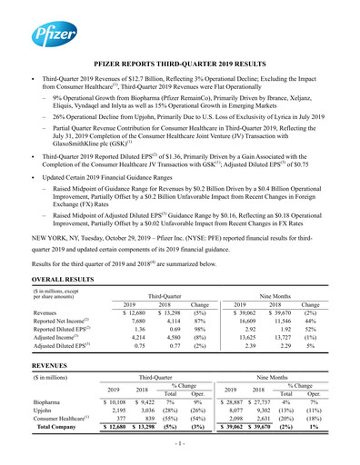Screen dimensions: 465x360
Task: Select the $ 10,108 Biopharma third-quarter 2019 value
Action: click(125, 401)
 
